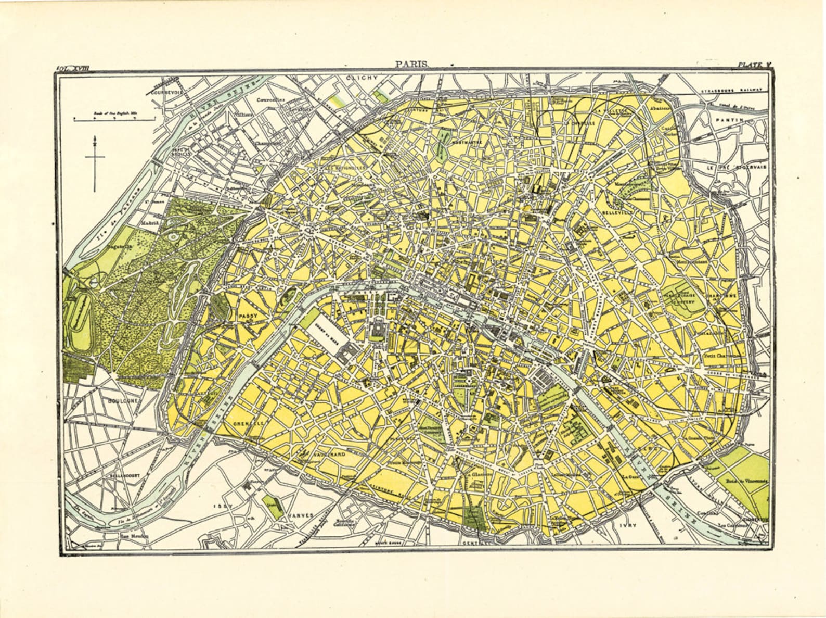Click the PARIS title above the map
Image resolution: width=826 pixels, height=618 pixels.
pos(411,64)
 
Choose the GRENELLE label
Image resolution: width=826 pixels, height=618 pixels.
pos(249,423)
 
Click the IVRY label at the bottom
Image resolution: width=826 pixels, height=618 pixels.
pos(628,526)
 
